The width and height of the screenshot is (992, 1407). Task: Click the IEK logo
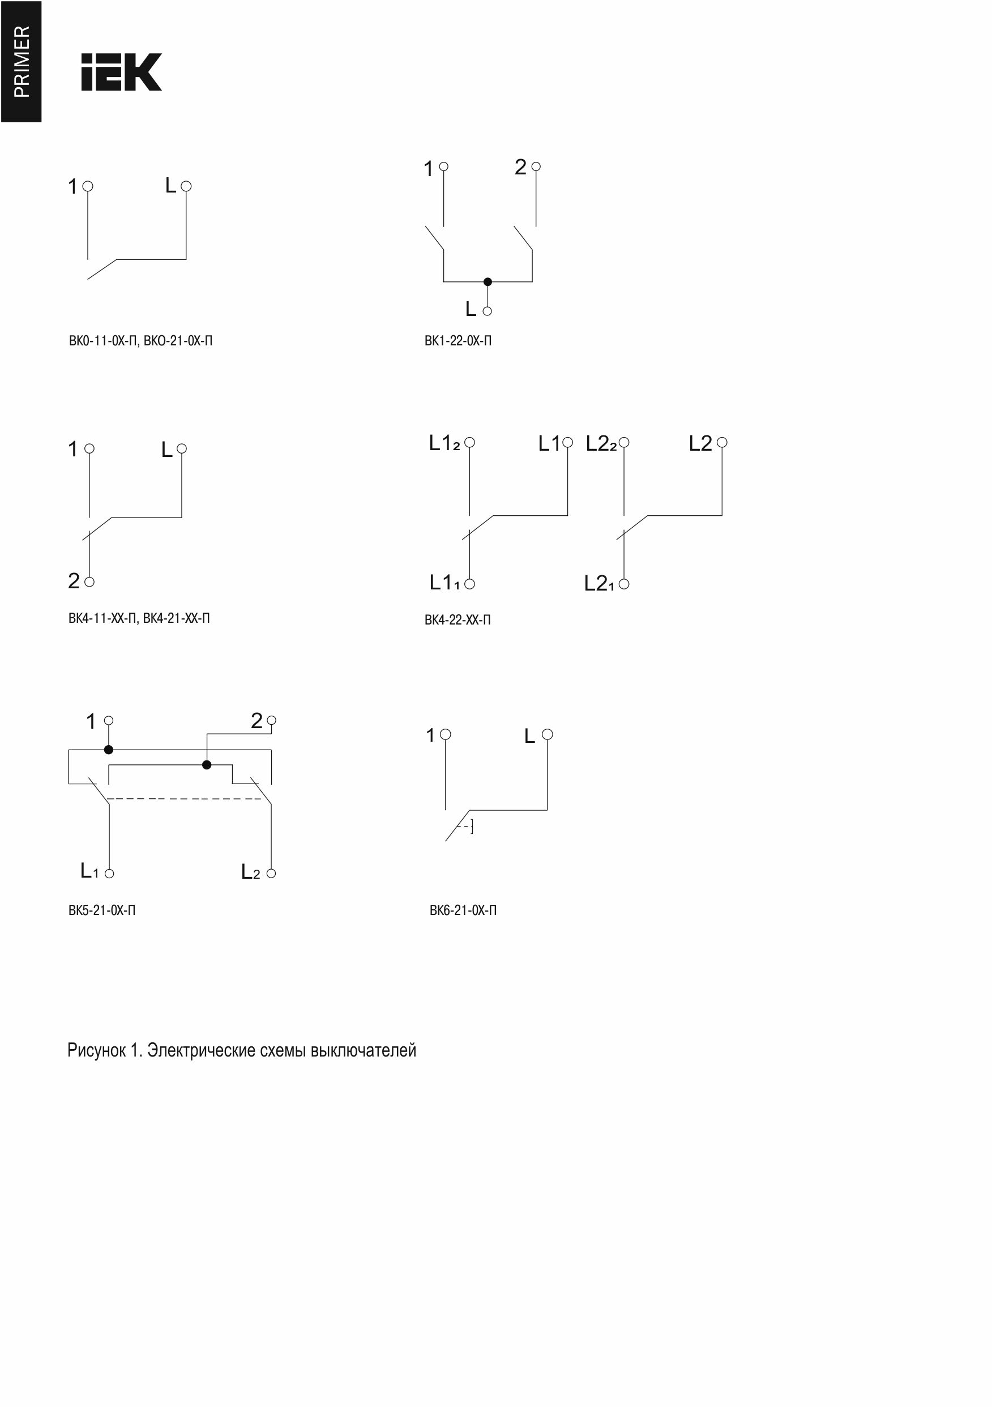coord(121,72)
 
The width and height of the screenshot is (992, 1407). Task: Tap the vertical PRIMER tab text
coord(22,61)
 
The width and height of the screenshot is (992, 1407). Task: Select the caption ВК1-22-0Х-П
coord(457,341)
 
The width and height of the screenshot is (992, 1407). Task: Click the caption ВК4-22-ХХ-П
coord(457,619)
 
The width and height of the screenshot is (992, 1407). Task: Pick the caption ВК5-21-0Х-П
coord(102,910)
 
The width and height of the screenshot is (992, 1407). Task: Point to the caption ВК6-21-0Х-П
coord(463,910)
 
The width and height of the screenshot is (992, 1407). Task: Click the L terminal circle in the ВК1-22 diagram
coord(487,311)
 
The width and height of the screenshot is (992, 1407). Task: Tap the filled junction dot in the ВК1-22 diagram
coord(488,282)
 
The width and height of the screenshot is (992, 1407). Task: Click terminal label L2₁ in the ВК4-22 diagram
coord(598,583)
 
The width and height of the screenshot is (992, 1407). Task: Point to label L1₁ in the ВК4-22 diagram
coord(444,582)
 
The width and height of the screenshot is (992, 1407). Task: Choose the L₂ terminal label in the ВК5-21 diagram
coord(251,871)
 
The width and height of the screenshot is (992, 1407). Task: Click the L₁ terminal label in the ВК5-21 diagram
coord(89,870)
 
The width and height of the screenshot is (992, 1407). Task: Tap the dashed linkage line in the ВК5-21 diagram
coord(187,799)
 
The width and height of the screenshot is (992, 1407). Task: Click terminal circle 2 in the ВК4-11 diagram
coord(89,581)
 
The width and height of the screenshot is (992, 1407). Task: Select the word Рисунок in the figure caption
coord(96,1050)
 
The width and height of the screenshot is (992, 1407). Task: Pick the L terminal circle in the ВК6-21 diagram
coord(548,734)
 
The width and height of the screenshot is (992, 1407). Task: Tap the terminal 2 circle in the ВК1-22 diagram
coord(536,166)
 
